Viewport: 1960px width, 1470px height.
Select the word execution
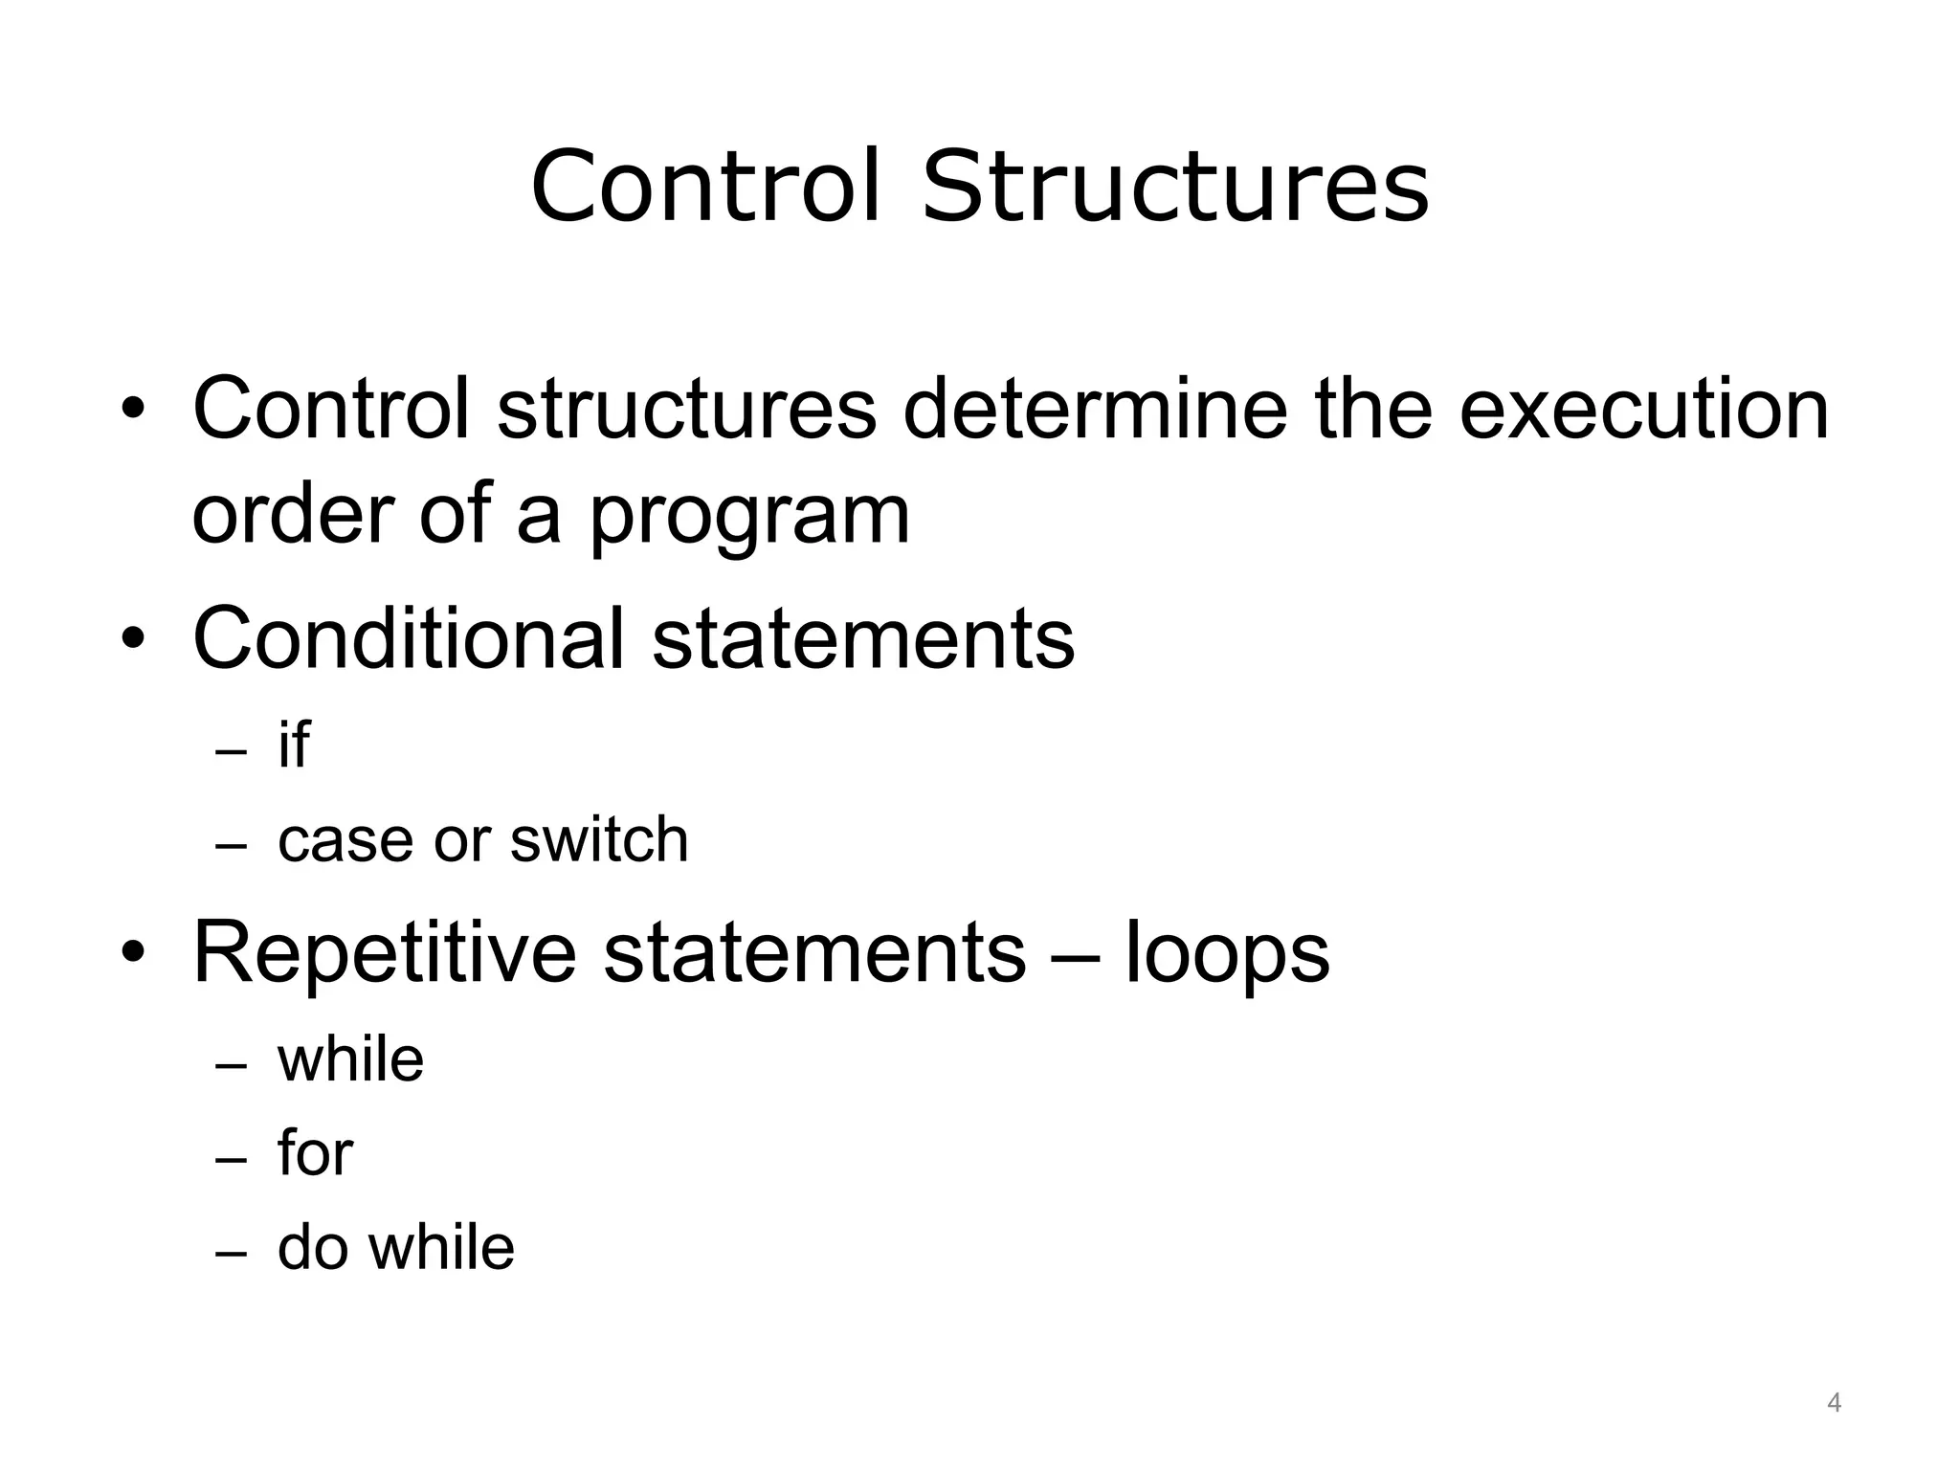tap(1643, 410)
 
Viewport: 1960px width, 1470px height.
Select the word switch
tap(599, 840)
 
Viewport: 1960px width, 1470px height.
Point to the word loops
tap(1228, 953)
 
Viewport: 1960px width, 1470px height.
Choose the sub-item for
tap(315, 1153)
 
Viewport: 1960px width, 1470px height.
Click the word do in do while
tap(312, 1248)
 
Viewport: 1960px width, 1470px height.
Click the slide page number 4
tap(1834, 1403)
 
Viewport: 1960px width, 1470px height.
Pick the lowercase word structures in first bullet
tap(686, 410)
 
